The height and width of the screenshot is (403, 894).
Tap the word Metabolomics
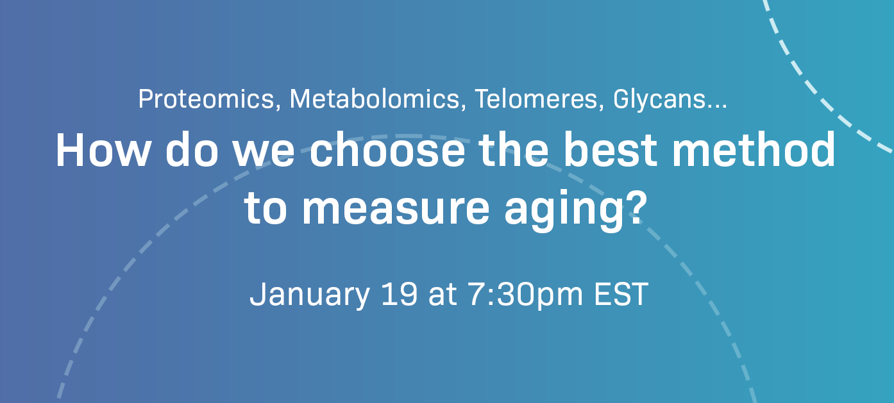377,99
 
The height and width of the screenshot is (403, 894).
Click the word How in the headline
103,151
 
